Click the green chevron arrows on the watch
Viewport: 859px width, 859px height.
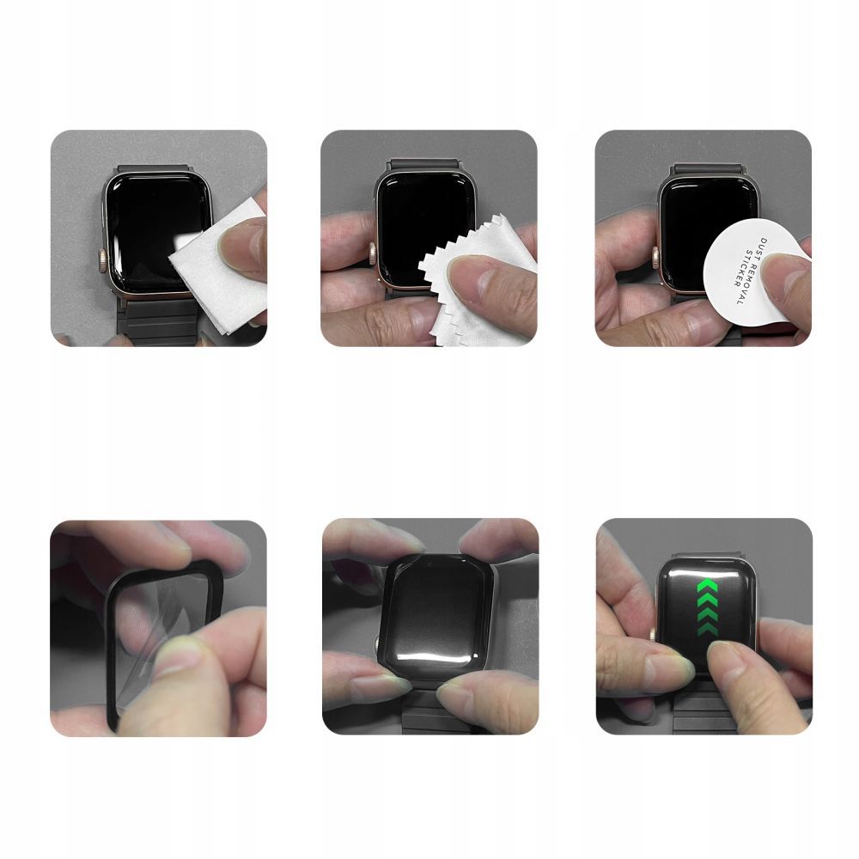pos(709,608)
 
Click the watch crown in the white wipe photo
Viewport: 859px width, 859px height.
pos(103,256)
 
